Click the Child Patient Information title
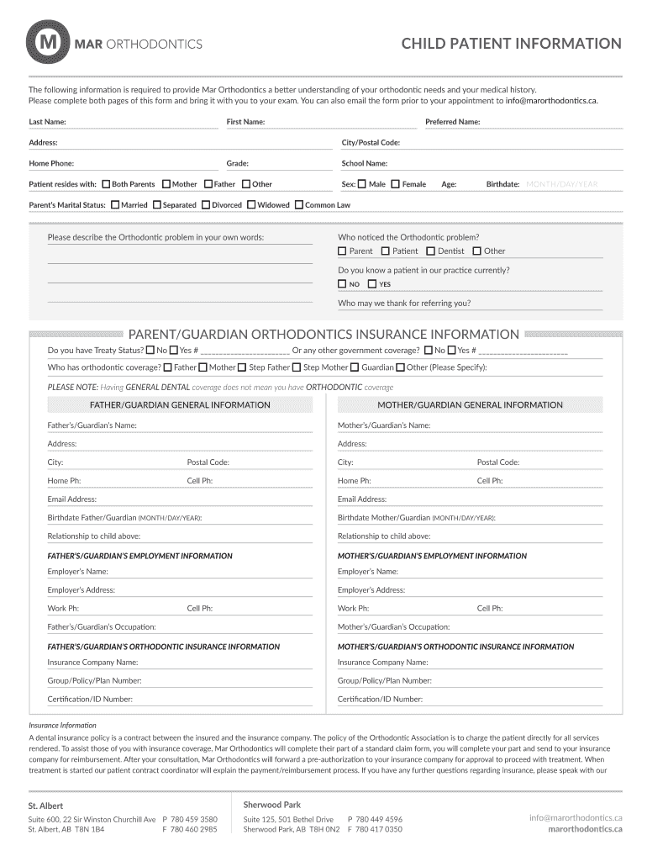tap(511, 44)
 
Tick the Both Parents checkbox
tap(106, 184)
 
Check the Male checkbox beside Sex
tap(361, 184)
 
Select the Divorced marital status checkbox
tap(205, 204)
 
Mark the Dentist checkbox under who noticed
tap(431, 251)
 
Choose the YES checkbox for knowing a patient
tap(372, 284)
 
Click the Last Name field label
tap(48, 122)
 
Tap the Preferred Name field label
tap(452, 122)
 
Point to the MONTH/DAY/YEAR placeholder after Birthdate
tap(561, 184)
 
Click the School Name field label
tap(364, 164)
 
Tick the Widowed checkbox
tap(250, 204)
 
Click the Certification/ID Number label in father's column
tap(90, 699)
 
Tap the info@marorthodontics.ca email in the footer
tap(576, 817)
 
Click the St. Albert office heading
tap(45, 806)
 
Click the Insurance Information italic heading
tap(63, 725)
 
